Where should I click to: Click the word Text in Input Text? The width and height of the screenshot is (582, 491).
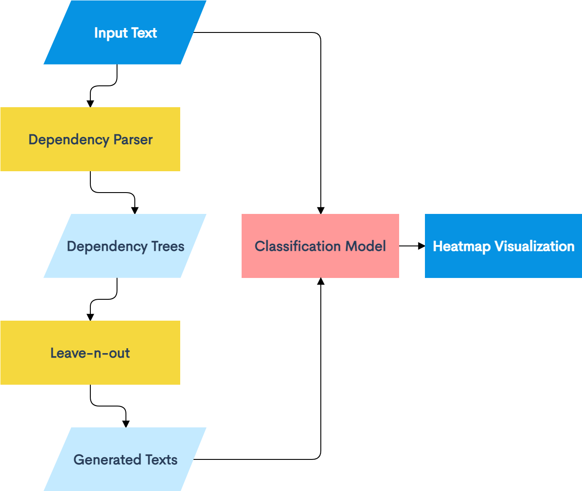144,33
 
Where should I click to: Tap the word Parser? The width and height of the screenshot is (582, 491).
133,140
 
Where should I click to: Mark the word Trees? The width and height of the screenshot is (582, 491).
168,246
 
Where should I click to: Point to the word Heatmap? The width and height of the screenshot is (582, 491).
461,247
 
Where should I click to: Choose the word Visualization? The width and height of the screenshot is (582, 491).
534,246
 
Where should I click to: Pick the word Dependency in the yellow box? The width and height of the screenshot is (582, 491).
69,140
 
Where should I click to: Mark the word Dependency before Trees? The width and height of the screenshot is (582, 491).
107,247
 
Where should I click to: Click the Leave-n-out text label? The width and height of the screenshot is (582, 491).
90,353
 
